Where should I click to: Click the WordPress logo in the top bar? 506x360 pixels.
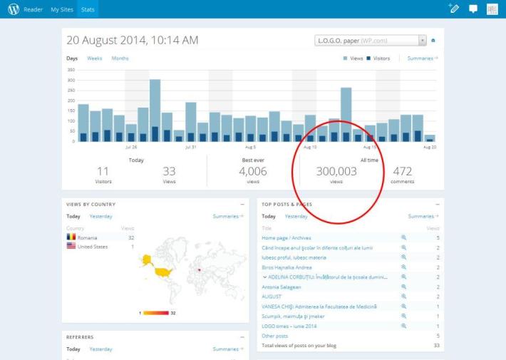click(14, 9)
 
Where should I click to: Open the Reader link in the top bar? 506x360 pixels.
click(33, 10)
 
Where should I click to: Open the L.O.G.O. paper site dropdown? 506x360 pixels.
click(371, 41)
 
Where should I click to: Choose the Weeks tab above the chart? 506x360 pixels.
click(95, 58)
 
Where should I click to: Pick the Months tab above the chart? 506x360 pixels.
click(120, 58)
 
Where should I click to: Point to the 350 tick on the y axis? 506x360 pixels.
click(71, 70)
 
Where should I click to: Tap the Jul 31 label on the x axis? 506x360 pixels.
click(190, 147)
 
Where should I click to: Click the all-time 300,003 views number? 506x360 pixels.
click(336, 171)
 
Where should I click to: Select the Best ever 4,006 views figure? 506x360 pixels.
click(252, 171)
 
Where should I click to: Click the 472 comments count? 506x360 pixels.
click(403, 171)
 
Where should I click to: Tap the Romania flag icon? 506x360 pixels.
click(71, 237)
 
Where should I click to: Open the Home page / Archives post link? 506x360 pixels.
click(286, 237)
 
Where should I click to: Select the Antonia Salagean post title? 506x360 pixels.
click(282, 287)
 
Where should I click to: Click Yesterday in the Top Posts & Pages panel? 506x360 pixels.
click(296, 216)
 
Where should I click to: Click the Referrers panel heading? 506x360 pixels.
click(80, 337)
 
